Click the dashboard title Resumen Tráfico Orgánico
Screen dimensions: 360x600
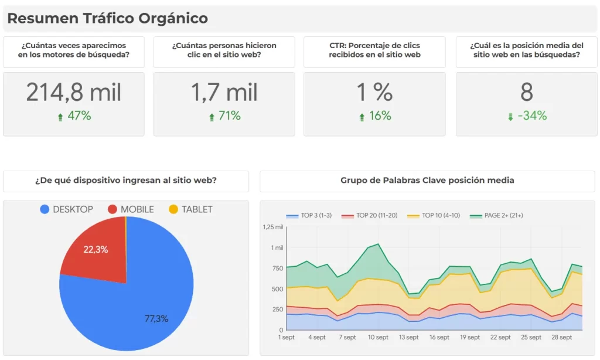click(x=107, y=18)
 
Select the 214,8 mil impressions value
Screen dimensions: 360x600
click(x=74, y=93)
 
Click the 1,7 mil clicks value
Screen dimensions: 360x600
click(x=224, y=93)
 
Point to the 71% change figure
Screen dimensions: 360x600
click(x=224, y=116)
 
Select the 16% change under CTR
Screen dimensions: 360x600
click(x=375, y=116)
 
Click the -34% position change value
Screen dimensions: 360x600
click(x=527, y=116)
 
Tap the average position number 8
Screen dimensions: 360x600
click(x=526, y=93)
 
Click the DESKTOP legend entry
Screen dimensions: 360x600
click(x=66, y=209)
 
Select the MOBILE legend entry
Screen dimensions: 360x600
click(x=131, y=209)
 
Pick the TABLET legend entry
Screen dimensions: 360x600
click(x=190, y=209)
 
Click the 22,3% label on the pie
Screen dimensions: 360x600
click(x=96, y=249)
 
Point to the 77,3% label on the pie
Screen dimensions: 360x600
click(x=156, y=319)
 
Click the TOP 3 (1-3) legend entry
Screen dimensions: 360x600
click(x=309, y=216)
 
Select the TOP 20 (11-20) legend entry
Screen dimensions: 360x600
click(x=371, y=216)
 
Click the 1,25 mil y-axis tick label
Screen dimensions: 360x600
click(x=272, y=227)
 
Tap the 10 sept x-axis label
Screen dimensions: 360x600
click(x=378, y=338)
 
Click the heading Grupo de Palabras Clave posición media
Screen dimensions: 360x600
click(x=427, y=181)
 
